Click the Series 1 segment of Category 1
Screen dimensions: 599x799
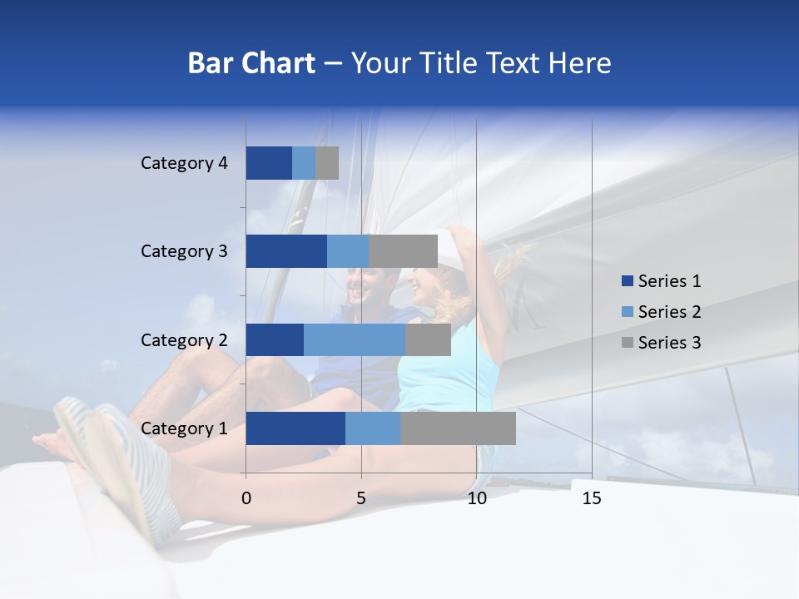295,428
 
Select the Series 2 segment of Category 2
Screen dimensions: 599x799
355,339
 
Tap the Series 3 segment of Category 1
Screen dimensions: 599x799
458,428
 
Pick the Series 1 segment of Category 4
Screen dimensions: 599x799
269,163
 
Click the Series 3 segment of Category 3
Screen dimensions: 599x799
403,251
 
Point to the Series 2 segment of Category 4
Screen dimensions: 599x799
304,163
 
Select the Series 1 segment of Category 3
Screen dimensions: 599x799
286,251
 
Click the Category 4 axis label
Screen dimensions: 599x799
184,163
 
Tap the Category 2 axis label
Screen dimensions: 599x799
184,339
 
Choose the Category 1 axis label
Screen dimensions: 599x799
184,428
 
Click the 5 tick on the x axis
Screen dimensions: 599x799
361,498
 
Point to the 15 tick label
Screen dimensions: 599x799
592,498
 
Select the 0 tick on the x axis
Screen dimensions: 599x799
246,498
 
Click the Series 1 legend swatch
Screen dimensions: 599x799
627,281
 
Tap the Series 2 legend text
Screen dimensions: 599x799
669,312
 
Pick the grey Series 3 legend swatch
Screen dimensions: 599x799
627,343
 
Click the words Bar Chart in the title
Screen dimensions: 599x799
251,63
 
